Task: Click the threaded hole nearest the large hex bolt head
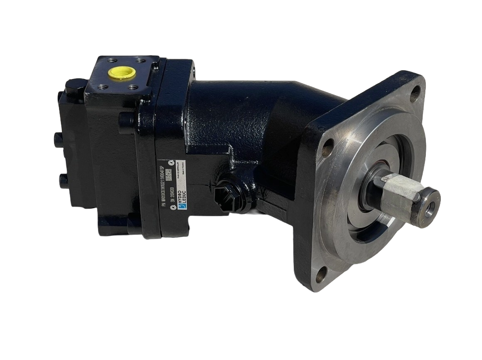tap(101, 87)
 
